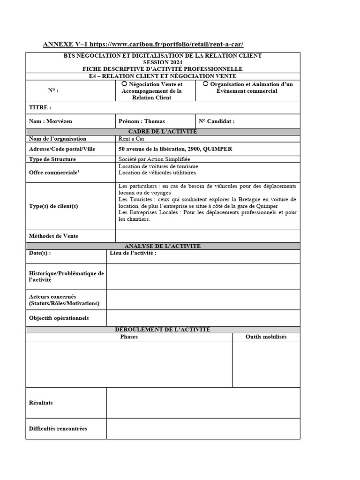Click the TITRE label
click(40, 107)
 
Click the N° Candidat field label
click(217, 121)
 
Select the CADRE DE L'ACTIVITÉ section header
click(163, 131)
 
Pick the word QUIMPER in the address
click(217, 149)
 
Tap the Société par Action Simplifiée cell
click(151, 159)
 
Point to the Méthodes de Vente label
click(53, 236)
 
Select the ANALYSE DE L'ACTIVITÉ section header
click(163, 246)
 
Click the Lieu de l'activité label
click(133, 253)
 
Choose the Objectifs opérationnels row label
click(59, 318)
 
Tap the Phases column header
click(129, 337)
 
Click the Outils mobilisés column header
click(266, 337)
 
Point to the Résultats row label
click(41, 403)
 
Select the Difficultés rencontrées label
click(58, 428)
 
